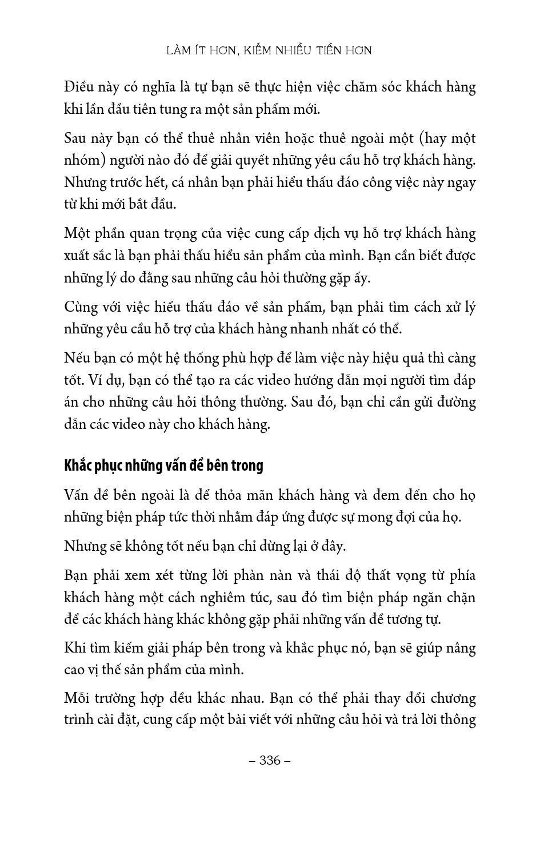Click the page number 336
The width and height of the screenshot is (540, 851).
click(x=270, y=760)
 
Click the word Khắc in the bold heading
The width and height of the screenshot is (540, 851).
click(x=77, y=466)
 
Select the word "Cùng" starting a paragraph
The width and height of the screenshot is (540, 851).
click(x=81, y=307)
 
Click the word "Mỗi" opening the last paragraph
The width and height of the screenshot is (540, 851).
click(x=78, y=698)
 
